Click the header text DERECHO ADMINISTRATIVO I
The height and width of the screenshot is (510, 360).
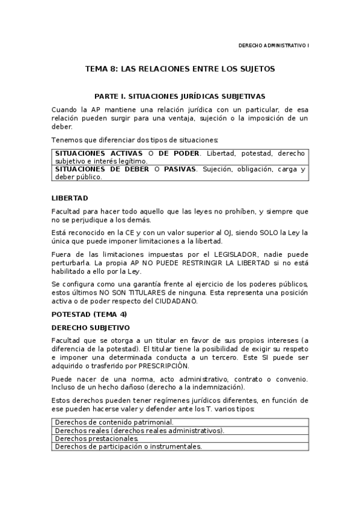pyautogui.click(x=273, y=46)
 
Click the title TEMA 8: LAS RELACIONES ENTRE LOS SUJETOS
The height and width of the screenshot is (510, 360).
pyautogui.click(x=180, y=69)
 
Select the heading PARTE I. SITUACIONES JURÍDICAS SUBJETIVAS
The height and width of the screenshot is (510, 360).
pyautogui.click(x=180, y=96)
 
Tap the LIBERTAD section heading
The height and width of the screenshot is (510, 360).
pyautogui.click(x=70, y=197)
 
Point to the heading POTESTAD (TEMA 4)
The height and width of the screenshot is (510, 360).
pyautogui.click(x=89, y=315)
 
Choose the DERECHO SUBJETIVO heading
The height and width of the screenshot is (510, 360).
pyautogui.click(x=90, y=328)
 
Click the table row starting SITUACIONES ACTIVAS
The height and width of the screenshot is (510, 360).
pyautogui.click(x=180, y=157)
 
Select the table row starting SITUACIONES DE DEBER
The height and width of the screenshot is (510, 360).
pyautogui.click(x=180, y=173)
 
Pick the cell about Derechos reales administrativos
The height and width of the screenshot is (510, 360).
pyautogui.click(x=139, y=431)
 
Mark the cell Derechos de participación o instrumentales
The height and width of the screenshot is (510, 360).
pyautogui.click(x=128, y=447)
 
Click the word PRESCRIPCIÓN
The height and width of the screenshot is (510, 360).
pyautogui.click(x=163, y=366)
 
